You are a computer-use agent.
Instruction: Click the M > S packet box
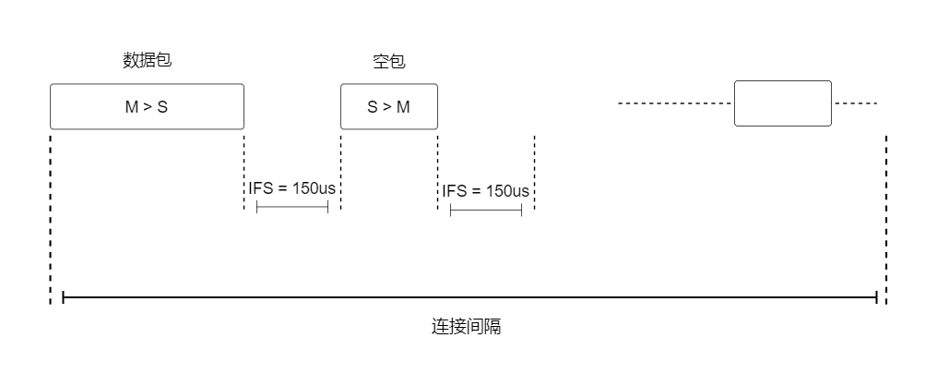coord(147,106)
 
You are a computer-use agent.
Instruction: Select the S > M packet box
coord(388,106)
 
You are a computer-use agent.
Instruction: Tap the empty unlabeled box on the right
coord(782,103)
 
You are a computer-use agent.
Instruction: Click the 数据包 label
coord(148,61)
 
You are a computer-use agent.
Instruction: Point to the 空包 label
coord(388,62)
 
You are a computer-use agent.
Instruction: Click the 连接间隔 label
coord(467,327)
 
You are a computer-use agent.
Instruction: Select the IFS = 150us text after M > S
coord(291,187)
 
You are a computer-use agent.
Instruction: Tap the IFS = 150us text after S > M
coord(486,191)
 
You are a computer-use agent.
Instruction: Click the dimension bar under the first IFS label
coord(291,208)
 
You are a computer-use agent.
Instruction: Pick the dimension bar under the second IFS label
coord(486,211)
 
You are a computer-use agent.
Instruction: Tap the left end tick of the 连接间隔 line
coord(63,297)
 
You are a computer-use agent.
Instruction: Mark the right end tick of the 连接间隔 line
coord(876,297)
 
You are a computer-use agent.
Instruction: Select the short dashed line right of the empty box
coord(856,103)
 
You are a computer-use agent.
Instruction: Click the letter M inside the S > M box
coord(403,107)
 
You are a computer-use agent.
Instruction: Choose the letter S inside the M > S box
coord(162,107)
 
